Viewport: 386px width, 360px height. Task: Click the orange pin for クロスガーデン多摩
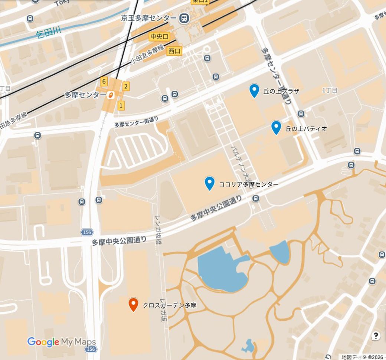coord(133,304)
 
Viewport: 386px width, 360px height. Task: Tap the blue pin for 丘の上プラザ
coord(254,90)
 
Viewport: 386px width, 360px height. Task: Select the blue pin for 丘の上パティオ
coord(276,127)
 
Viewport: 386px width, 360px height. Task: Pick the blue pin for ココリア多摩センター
coord(210,183)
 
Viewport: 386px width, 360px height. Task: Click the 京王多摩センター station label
coord(149,18)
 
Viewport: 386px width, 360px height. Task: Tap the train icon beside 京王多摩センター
coord(183,18)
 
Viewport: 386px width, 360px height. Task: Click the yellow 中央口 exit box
coord(159,36)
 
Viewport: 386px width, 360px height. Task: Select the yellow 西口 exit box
coord(174,51)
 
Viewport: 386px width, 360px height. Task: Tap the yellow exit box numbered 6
coord(104,82)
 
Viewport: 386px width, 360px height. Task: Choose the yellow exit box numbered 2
coord(126,86)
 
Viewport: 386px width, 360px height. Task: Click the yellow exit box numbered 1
coord(121,106)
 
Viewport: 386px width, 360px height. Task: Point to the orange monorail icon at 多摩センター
coord(111,95)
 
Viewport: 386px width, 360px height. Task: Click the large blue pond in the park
coord(221,269)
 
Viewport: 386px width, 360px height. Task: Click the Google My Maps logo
coord(62,342)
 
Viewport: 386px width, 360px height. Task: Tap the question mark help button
coord(376,336)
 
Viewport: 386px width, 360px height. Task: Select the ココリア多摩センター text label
coord(249,184)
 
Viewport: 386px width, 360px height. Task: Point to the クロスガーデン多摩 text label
coord(170,305)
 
